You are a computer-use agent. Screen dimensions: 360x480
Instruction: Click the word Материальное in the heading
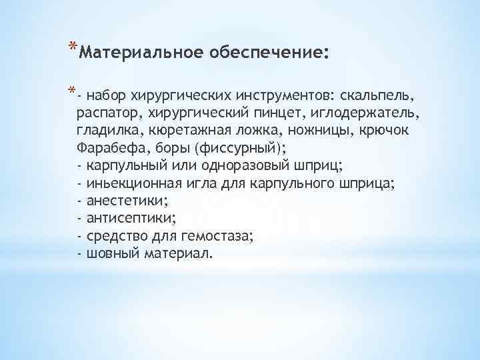(x=131, y=53)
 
